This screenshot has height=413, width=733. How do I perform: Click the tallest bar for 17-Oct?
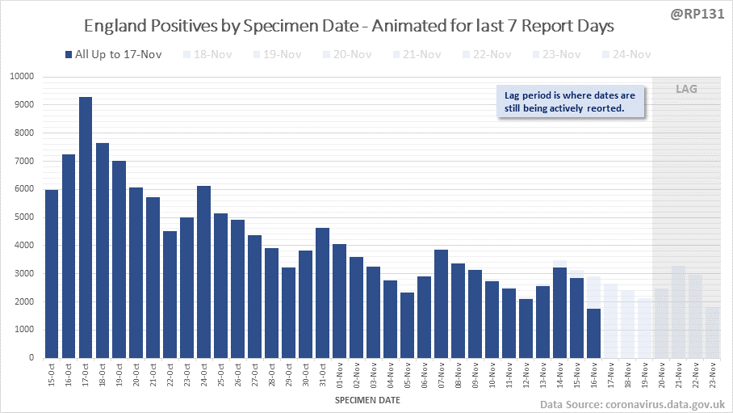click(x=86, y=227)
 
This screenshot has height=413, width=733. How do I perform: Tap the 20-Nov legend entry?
click(x=350, y=55)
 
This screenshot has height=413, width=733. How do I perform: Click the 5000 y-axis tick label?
click(x=23, y=217)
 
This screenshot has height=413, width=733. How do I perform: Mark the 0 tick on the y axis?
click(x=31, y=358)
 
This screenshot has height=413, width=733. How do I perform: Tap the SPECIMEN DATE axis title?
click(x=366, y=399)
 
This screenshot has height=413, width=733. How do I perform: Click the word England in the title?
click(x=114, y=26)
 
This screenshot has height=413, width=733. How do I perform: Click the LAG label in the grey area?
click(x=686, y=89)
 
